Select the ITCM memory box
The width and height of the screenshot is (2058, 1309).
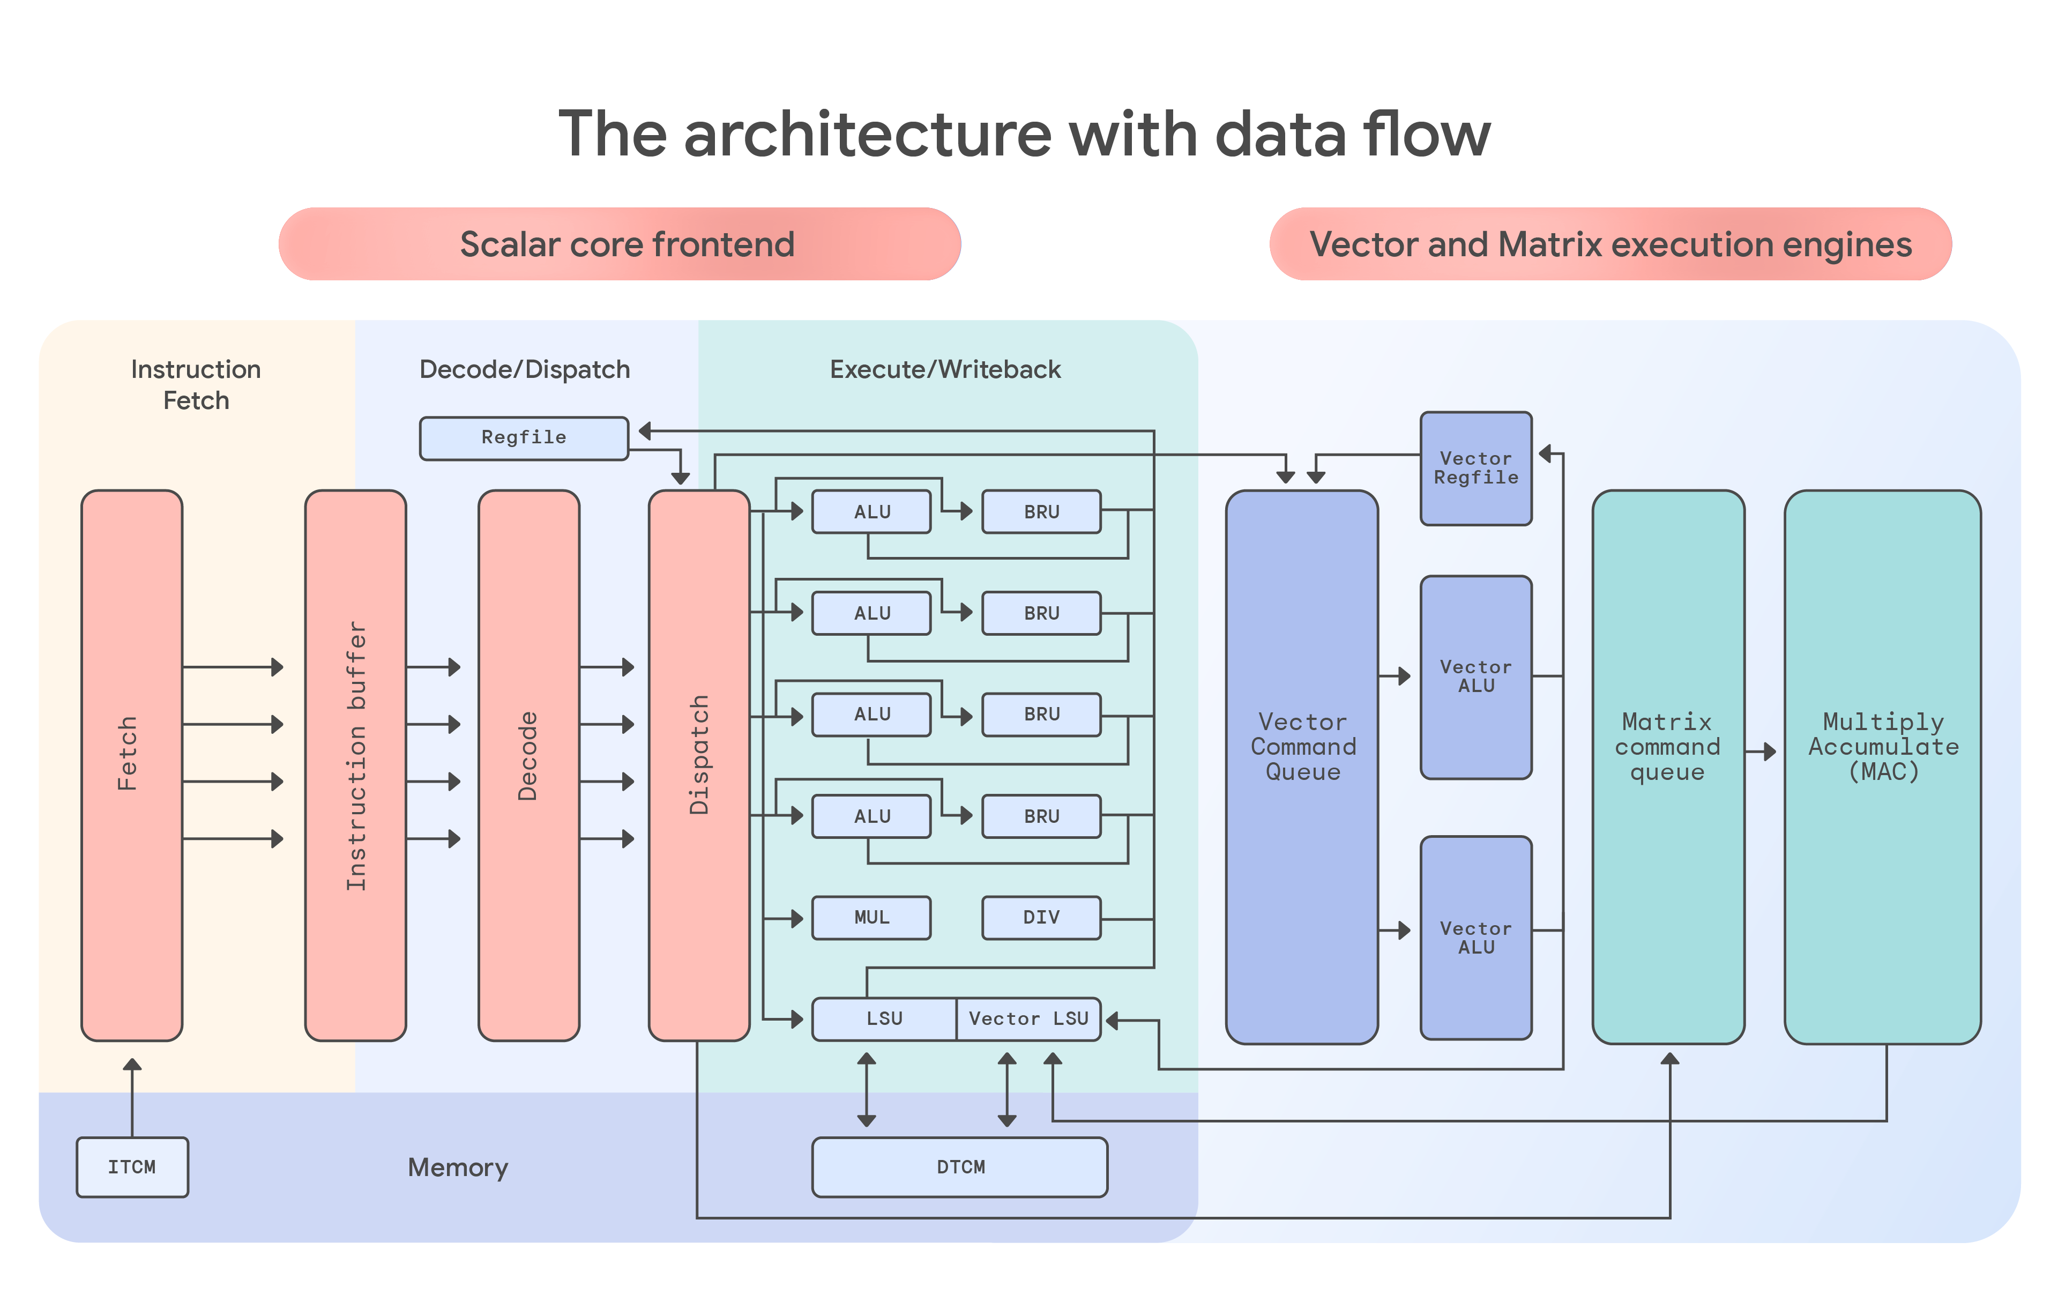132,1166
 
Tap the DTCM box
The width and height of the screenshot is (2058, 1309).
960,1166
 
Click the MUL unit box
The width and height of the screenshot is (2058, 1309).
871,917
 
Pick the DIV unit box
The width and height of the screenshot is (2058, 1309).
1041,917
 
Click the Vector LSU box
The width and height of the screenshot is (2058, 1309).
1028,1018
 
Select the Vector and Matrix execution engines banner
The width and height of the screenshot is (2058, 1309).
1610,244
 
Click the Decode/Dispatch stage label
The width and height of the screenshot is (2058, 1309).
524,369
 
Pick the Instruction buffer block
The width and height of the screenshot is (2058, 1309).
355,765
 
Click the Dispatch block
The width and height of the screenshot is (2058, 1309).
699,765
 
